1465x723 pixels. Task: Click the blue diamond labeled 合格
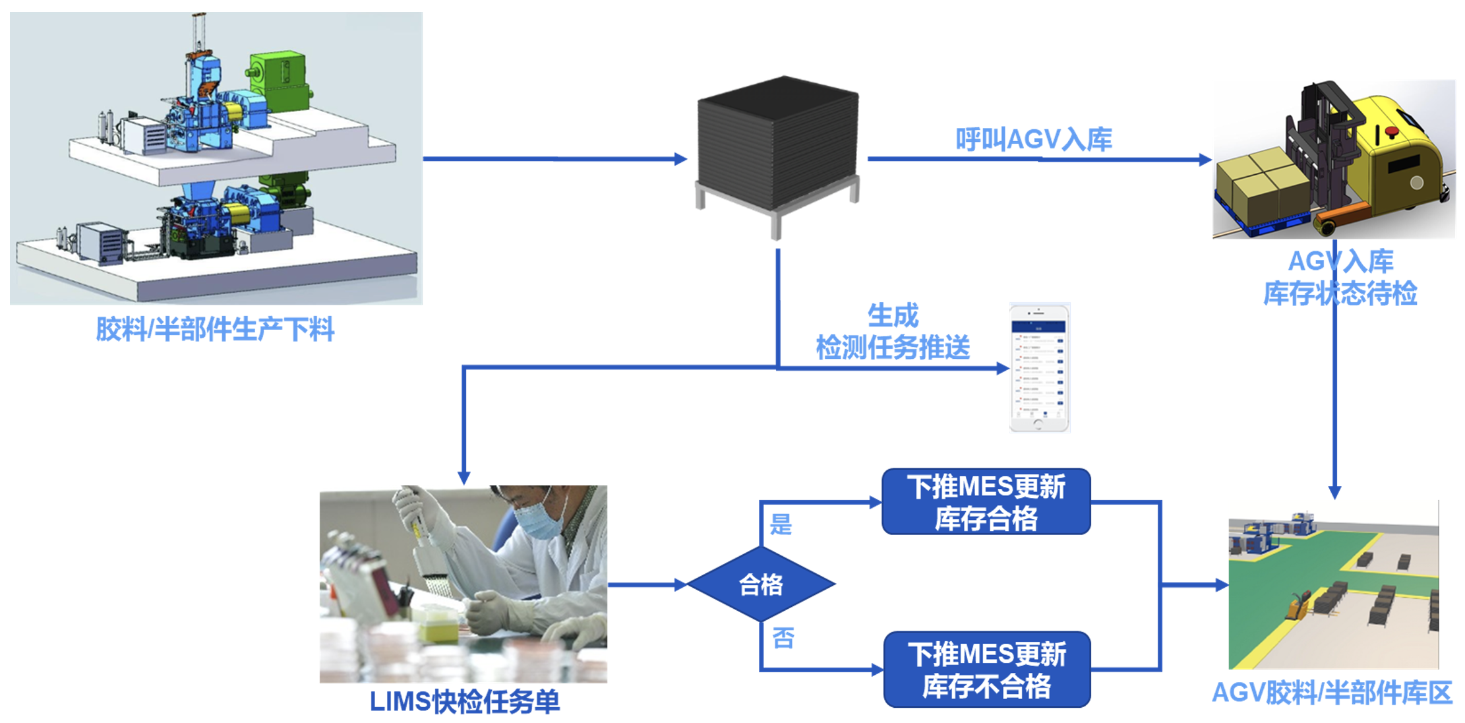pyautogui.click(x=761, y=584)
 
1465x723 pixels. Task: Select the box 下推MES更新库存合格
pyautogui.click(x=986, y=502)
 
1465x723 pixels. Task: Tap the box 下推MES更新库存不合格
pyautogui.click(x=986, y=670)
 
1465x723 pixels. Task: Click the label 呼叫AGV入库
pyautogui.click(x=1033, y=139)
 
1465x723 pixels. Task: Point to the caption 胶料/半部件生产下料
pyautogui.click(x=215, y=329)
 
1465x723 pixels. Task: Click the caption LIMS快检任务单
pyautogui.click(x=464, y=701)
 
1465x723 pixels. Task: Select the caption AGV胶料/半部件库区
pyautogui.click(x=1332, y=693)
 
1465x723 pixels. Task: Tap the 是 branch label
pyautogui.click(x=781, y=524)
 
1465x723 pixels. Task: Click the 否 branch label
pyautogui.click(x=783, y=638)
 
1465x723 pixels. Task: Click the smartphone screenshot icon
pyautogui.click(x=1039, y=367)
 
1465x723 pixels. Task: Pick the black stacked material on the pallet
pyautogui.click(x=778, y=145)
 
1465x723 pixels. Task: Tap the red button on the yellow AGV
pyautogui.click(x=1392, y=132)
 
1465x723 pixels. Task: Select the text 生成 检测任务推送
pyautogui.click(x=893, y=332)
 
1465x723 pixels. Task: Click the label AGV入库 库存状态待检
pyautogui.click(x=1340, y=278)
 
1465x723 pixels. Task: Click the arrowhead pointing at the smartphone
pyautogui.click(x=1003, y=368)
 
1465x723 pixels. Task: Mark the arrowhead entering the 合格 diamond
pyautogui.click(x=681, y=584)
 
